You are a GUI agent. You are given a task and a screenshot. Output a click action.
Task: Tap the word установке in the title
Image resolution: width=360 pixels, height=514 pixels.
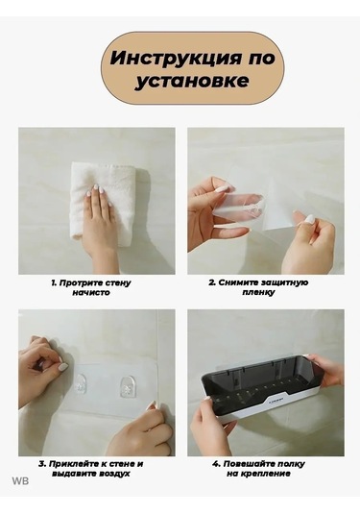click(x=192, y=81)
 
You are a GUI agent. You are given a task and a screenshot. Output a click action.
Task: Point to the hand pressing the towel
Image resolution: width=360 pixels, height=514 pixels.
click(x=99, y=226)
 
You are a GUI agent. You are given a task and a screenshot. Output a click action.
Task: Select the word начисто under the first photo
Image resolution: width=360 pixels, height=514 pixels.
click(x=91, y=292)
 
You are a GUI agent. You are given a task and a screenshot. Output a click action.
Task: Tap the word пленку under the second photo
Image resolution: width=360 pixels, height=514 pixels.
click(x=259, y=292)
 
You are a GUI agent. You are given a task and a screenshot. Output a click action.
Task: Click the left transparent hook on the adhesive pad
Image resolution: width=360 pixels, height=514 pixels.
click(x=79, y=383)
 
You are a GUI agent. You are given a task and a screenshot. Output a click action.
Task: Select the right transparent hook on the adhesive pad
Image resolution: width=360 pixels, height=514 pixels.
click(x=128, y=387)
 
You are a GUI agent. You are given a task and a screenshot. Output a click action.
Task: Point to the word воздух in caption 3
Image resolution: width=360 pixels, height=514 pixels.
click(x=113, y=474)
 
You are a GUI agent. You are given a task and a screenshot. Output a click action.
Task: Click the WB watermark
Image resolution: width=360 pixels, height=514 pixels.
click(x=20, y=481)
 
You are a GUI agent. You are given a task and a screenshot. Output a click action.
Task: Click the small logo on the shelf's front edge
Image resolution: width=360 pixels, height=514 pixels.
click(x=277, y=401)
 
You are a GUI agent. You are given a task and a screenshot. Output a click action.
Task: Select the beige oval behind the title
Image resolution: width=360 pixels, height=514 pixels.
click(x=192, y=68)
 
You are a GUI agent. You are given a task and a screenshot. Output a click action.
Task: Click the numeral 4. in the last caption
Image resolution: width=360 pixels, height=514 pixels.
click(x=217, y=464)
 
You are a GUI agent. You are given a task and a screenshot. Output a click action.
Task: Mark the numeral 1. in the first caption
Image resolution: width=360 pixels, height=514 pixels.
click(x=54, y=282)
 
